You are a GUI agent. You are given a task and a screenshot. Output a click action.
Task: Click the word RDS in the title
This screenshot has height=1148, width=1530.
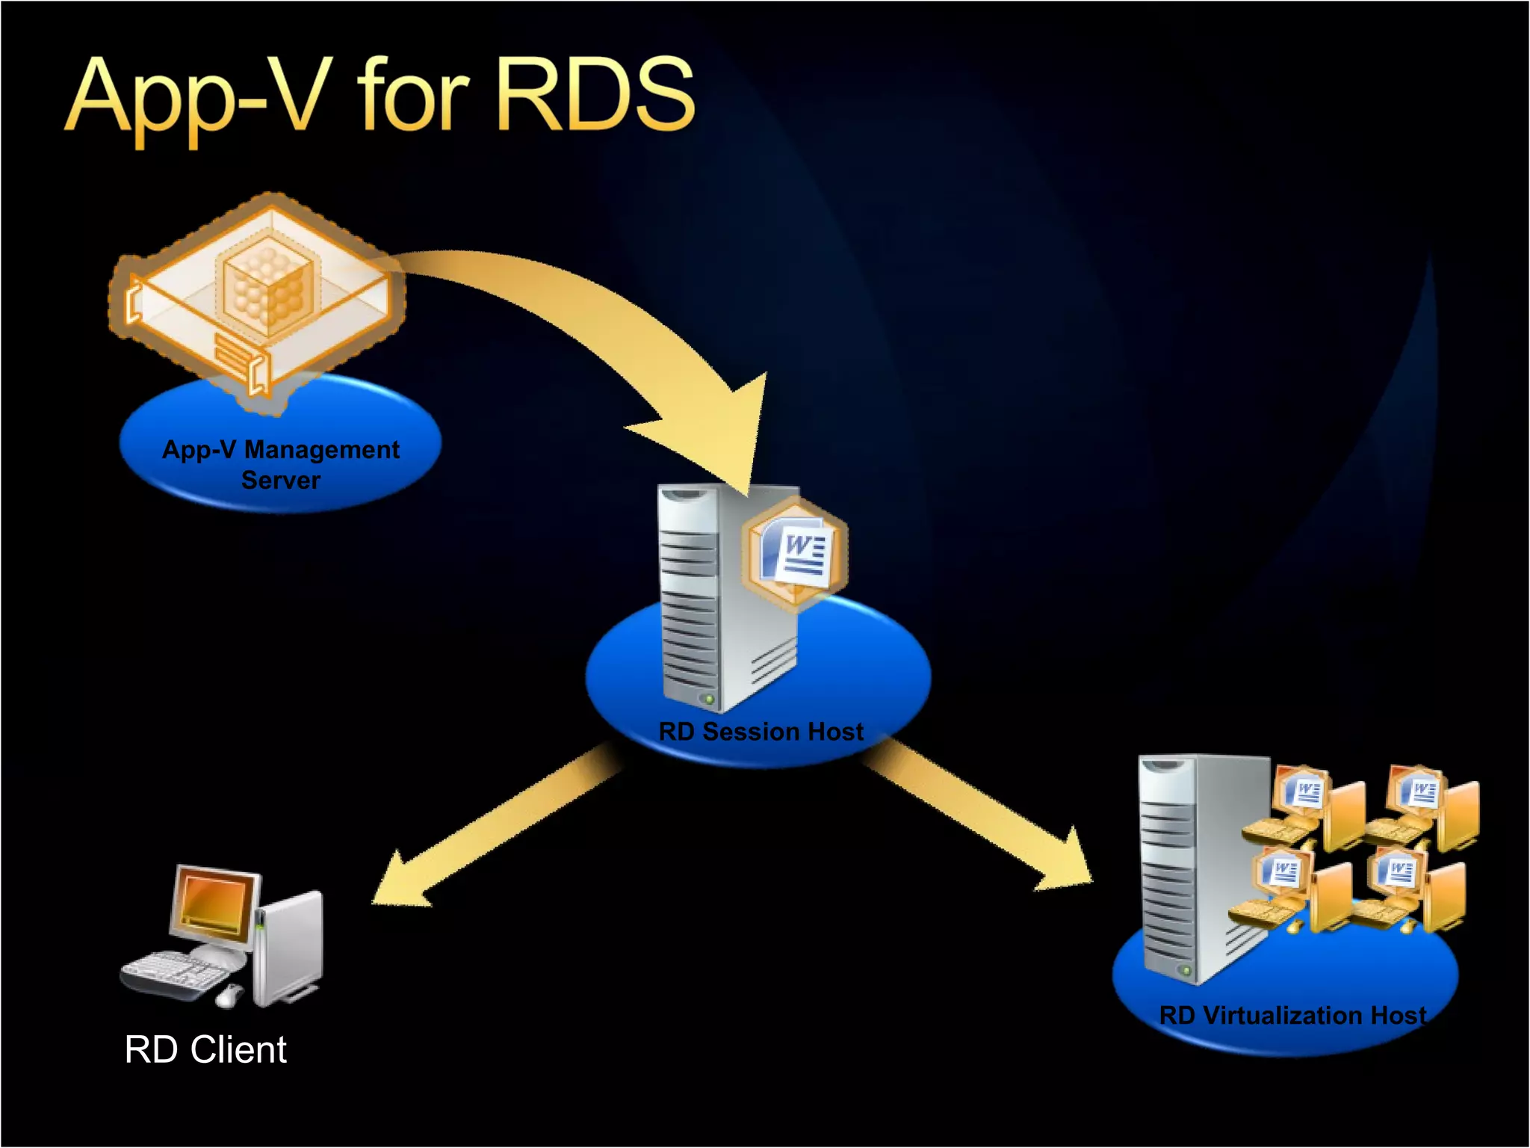(x=595, y=96)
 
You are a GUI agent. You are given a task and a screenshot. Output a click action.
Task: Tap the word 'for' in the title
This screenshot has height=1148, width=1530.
(x=413, y=96)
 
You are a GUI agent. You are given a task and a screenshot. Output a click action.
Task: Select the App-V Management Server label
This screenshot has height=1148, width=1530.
(x=281, y=464)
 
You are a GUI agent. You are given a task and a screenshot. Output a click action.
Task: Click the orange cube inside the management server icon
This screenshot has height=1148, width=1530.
(x=267, y=288)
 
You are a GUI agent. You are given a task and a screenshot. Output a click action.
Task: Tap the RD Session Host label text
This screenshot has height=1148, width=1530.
(x=761, y=731)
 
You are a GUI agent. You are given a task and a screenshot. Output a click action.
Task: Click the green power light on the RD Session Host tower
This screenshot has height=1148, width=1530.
(x=708, y=700)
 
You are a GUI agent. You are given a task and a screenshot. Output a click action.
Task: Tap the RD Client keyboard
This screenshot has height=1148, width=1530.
(x=176, y=972)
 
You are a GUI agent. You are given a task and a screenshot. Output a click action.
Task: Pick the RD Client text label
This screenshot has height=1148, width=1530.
(x=205, y=1049)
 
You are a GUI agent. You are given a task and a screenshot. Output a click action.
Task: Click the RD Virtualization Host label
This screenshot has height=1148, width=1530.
(x=1292, y=1015)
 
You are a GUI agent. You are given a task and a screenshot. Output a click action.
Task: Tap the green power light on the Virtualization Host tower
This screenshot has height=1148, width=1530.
(x=1185, y=970)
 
